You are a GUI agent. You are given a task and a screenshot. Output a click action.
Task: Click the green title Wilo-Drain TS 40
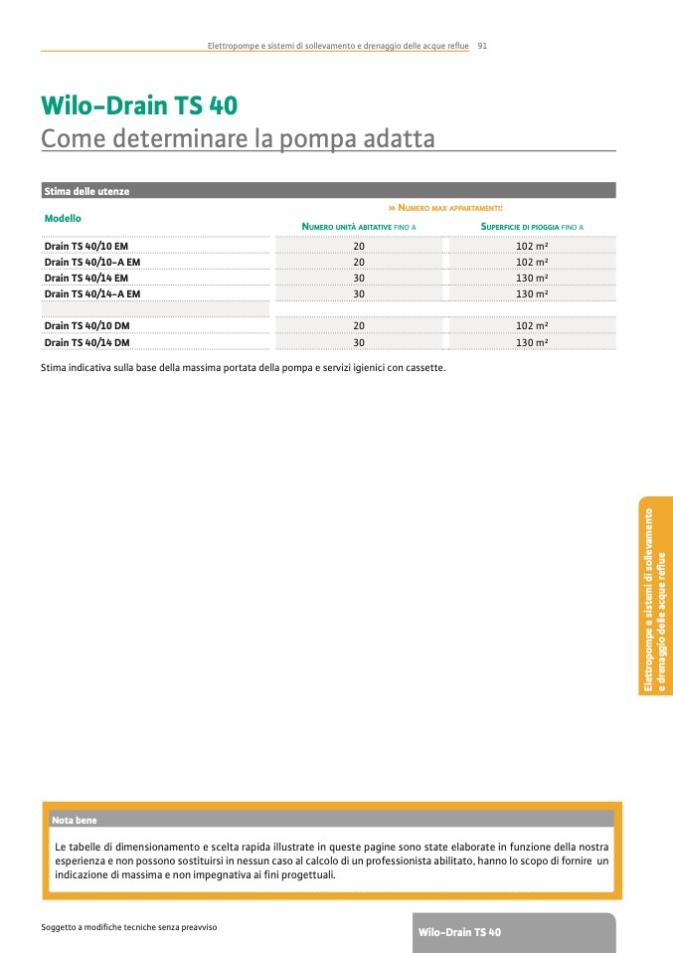coord(139,105)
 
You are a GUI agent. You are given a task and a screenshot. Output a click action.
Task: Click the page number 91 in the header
coord(482,46)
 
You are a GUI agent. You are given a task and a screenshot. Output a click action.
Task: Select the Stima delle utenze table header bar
coord(328,190)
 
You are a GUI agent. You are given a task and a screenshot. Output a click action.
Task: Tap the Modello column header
coord(63,217)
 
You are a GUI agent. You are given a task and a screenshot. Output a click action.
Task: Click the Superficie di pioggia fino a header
coord(532,228)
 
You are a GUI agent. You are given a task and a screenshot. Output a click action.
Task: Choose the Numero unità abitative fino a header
coord(359,228)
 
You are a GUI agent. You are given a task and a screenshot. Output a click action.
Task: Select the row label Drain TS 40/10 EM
coord(86,245)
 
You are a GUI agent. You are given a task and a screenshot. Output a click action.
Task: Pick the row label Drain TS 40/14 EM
coord(86,278)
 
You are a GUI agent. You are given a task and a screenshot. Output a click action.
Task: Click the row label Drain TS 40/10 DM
coord(87,326)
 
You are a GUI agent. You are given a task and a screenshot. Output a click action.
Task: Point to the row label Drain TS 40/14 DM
coord(87,343)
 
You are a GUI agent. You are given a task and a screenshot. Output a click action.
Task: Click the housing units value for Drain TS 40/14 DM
coord(359,343)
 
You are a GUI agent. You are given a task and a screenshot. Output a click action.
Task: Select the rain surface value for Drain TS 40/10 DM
coord(532,326)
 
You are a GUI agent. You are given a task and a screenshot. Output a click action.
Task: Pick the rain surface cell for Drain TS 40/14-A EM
coord(532,294)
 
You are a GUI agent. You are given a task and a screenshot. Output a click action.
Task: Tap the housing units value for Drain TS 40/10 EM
coord(359,245)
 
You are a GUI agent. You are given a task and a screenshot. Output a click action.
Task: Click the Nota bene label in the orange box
coord(75,820)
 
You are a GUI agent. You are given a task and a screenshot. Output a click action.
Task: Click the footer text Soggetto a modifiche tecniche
coord(129,927)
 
